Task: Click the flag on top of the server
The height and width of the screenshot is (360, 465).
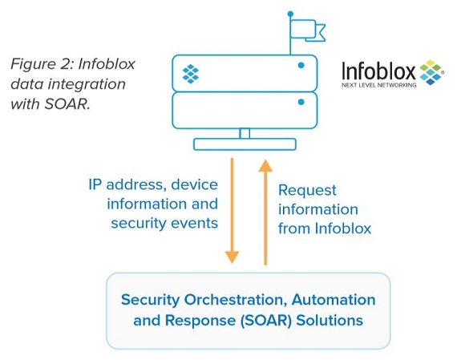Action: pos(307,30)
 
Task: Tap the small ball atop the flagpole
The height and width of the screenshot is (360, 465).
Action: pos(290,14)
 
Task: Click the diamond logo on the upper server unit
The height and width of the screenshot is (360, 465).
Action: pos(190,74)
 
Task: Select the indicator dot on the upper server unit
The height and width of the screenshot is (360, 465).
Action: pos(301,65)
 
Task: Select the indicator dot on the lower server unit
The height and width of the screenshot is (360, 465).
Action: pos(301,102)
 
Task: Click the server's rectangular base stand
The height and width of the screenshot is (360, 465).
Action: pos(245,144)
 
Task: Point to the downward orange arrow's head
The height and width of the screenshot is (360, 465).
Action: pos(232,257)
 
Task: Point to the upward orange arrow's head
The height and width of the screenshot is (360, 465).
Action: pos(265,166)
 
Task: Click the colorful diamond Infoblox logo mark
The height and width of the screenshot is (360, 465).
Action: pos(431,72)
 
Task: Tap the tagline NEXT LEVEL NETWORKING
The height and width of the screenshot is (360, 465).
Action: pos(379,85)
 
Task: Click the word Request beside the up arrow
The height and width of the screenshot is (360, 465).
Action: pos(307,190)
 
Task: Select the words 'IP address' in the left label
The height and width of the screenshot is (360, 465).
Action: pos(126,184)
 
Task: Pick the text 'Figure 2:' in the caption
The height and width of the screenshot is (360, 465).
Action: pos(42,64)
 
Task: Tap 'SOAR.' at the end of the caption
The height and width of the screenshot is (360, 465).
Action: pos(67,104)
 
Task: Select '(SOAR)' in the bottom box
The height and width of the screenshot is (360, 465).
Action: pos(266,321)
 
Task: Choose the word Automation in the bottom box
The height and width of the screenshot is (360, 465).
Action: pos(334,300)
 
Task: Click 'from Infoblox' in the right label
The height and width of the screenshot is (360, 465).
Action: pos(325,229)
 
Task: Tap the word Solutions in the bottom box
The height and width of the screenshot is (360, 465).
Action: pos(330,321)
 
